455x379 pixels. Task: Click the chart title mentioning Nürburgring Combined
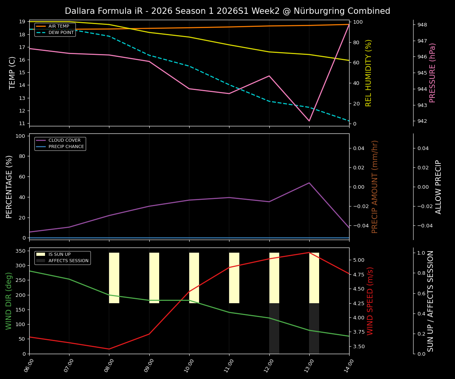227,11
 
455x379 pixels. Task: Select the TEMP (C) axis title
13,73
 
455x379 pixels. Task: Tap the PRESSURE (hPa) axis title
432,73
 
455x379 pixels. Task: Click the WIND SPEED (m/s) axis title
370,301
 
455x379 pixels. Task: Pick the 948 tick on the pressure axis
422,25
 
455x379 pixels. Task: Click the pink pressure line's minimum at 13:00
309,121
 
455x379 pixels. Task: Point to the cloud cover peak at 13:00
309,183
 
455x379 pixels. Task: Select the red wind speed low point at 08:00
109,349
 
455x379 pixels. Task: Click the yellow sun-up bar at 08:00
114,278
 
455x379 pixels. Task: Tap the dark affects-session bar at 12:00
274,328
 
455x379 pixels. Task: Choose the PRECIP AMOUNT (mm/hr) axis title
375,187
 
